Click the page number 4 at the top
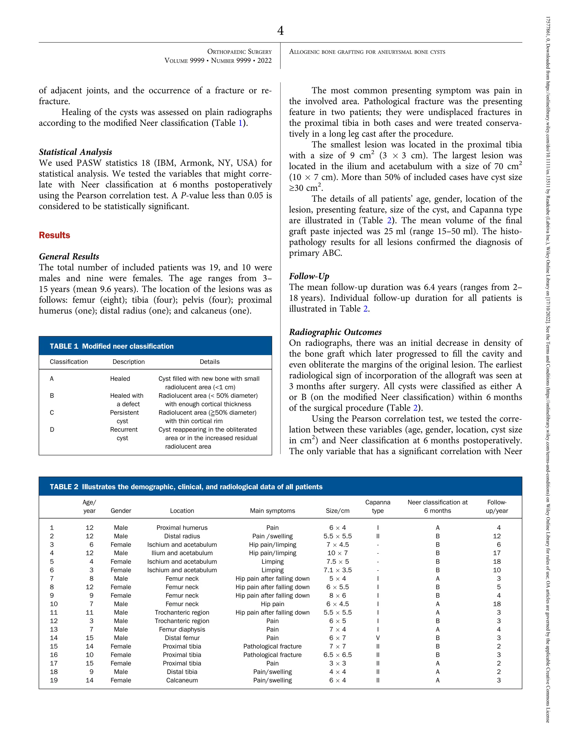280,31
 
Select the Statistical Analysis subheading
76,152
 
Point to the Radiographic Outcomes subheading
335,332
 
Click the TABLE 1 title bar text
111,346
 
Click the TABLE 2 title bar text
186,487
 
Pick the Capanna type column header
377,506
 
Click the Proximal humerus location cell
182,528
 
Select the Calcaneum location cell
182,680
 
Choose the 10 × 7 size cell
337,553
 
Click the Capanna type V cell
378,638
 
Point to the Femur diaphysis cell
182,629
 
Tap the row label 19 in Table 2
54,680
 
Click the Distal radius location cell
182,536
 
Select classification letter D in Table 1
52,430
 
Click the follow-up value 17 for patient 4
497,553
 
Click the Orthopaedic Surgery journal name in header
239,52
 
